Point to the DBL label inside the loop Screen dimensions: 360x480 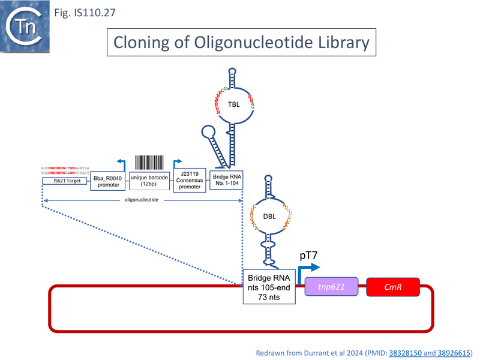pos(269,217)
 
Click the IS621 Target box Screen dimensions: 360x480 pos(65,181)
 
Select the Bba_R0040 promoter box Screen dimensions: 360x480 pos(109,180)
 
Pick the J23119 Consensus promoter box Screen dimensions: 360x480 pos(190,180)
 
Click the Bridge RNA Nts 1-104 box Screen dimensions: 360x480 pos(226,180)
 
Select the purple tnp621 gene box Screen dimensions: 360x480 pos(332,287)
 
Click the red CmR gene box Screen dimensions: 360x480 pos(393,287)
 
